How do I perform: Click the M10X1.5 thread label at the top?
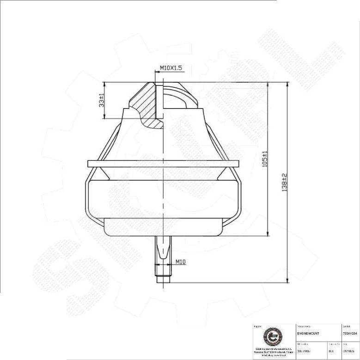[x=171, y=68]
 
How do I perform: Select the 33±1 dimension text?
[x=102, y=100]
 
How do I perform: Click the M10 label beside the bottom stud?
[x=180, y=262]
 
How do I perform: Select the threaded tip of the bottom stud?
[x=163, y=275]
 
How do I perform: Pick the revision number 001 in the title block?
[x=331, y=351]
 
